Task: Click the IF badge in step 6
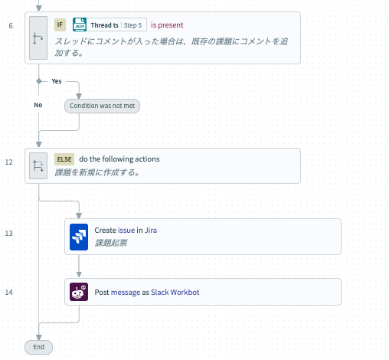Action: pos(60,25)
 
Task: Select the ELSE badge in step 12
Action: pos(64,159)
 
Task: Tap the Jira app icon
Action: pos(79,237)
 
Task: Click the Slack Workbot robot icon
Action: pos(79,292)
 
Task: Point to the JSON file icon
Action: pos(80,25)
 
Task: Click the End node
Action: pos(38,347)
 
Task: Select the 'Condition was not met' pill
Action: pos(102,106)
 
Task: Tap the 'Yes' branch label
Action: pos(57,81)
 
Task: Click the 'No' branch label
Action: pos(38,105)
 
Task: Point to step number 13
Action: pos(9,234)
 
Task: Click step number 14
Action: pos(9,292)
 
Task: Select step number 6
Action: pos(11,26)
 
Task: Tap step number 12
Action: pos(9,162)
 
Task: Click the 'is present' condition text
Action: pos(167,25)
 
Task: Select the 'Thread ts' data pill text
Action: pos(104,25)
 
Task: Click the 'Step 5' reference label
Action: pos(132,25)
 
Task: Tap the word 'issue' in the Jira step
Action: pos(126,231)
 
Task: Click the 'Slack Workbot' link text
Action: pos(175,292)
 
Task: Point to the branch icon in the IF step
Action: pos(38,38)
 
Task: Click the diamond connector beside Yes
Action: pos(39,81)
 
